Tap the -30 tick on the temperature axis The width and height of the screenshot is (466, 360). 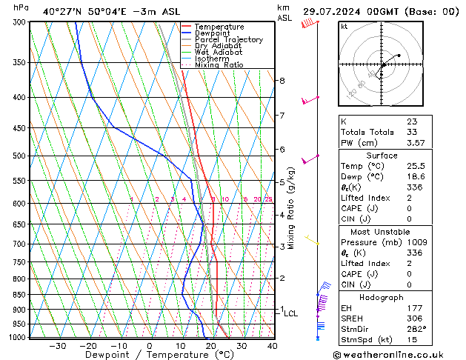pyautogui.click(x=58, y=346)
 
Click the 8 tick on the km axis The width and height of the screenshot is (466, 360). pyautogui.click(x=282, y=80)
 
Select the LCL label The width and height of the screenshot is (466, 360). pyautogui.click(x=290, y=314)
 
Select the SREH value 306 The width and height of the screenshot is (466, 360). pyautogui.click(x=414, y=319)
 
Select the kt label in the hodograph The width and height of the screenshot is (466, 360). pyautogui.click(x=344, y=27)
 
